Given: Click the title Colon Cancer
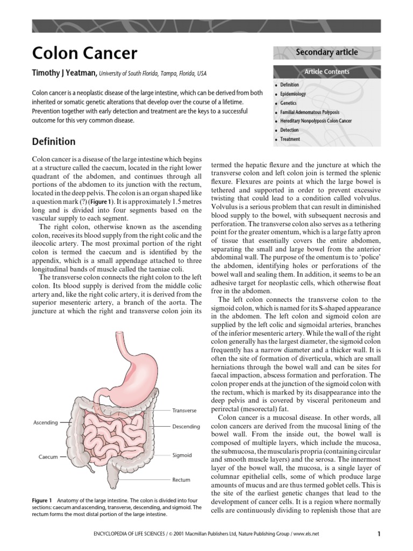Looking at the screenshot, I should [x=84, y=53].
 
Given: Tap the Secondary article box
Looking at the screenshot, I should [x=327, y=52].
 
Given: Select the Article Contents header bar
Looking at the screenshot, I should [x=327, y=72].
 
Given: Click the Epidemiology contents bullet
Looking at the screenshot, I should [x=293, y=94].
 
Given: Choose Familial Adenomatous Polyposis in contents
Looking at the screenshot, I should [x=309, y=112].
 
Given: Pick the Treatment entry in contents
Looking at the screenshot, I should [x=290, y=139].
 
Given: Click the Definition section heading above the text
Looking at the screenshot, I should [x=54, y=142].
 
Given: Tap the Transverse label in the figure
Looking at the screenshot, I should [x=184, y=410].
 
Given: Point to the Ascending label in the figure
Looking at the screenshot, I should [x=45, y=422].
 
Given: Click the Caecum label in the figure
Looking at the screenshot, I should [x=48, y=457].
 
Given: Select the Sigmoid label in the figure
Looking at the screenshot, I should [x=182, y=455].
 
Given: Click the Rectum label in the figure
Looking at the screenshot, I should [x=181, y=479].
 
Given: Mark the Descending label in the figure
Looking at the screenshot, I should [x=186, y=426].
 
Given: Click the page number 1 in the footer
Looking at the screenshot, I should [x=379, y=534].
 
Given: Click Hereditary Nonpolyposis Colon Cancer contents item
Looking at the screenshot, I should [x=316, y=121].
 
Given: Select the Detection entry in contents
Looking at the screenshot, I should [x=290, y=130].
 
